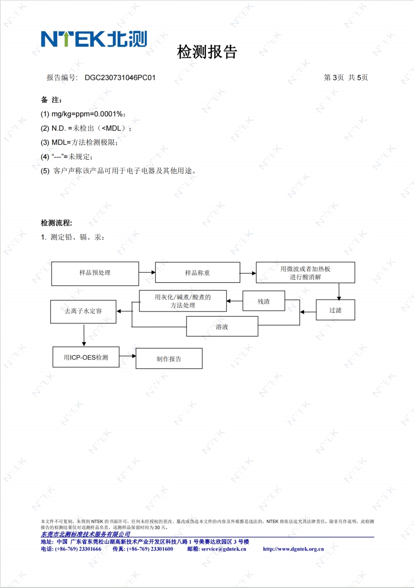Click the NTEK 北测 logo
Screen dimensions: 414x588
coord(94,39)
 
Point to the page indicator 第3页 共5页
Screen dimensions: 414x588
coord(346,77)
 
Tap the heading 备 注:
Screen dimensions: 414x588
coord(51,100)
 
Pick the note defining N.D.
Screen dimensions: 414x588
coord(86,129)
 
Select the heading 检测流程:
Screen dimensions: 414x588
coord(57,223)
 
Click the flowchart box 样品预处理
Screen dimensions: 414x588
coord(95,274)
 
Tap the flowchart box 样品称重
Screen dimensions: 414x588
coord(197,273)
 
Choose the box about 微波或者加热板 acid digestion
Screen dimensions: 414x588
coord(305,273)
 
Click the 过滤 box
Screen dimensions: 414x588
coord(335,310)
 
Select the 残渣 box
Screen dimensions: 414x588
coord(264,301)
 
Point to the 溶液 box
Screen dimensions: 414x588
coord(222,326)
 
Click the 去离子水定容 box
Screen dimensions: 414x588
coord(84,311)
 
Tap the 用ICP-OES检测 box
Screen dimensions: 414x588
coord(86,357)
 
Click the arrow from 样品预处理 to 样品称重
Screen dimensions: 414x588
coord(147,272)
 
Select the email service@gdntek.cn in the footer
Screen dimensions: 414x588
coord(223,549)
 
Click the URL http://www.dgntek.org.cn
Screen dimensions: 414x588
coord(293,549)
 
